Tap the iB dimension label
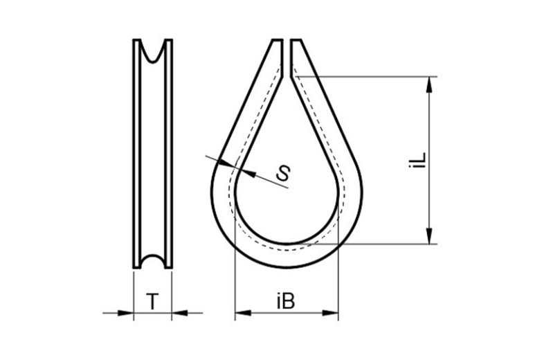coord(286,302)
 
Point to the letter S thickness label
coord(282,174)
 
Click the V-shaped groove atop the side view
coord(152,51)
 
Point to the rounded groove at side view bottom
coord(152,262)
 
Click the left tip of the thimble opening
coord(276,42)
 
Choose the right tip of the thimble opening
coord(297,42)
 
